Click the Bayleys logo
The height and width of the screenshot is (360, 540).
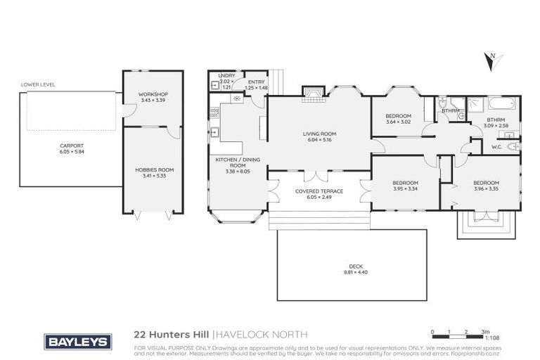pos(77,342)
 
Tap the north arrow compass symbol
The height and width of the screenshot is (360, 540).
pos(491,61)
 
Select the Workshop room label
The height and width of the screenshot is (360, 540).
pos(153,94)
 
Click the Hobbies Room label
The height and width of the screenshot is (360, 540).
pos(154,169)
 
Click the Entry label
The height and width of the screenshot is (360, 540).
pos(256,82)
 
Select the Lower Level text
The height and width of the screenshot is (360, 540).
pos(38,84)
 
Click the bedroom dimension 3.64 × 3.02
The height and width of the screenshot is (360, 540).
pos(398,122)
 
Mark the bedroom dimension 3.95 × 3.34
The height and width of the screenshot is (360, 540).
pos(405,188)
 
